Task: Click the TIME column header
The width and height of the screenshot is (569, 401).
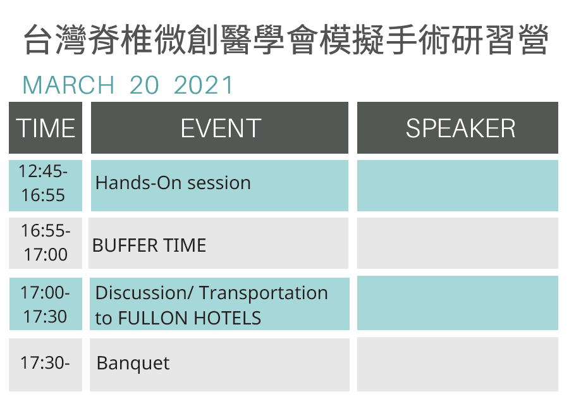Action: (x=46, y=128)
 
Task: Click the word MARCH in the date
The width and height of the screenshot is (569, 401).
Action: (x=68, y=85)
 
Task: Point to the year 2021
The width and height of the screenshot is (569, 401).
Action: (x=204, y=85)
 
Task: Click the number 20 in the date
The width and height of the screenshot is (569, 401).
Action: (x=144, y=85)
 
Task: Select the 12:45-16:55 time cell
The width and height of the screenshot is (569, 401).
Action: (x=46, y=185)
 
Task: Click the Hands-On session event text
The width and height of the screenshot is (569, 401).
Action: (x=173, y=183)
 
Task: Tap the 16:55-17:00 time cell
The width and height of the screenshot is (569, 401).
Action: (x=46, y=243)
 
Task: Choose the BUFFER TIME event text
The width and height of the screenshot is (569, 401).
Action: (x=149, y=245)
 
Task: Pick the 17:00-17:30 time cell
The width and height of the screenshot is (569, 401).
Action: (x=46, y=304)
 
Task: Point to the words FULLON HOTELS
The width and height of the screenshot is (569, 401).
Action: (x=190, y=318)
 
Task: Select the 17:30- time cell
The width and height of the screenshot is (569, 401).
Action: (x=46, y=365)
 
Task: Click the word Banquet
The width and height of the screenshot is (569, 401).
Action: (x=133, y=363)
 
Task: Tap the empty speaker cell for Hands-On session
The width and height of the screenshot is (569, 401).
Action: (x=458, y=185)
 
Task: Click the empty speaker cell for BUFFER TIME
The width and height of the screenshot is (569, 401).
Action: (x=458, y=243)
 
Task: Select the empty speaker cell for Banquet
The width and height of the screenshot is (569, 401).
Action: (x=458, y=364)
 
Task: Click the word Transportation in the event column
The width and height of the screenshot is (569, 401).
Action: (x=264, y=293)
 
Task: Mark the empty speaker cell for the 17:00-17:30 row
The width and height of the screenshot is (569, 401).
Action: (x=458, y=303)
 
